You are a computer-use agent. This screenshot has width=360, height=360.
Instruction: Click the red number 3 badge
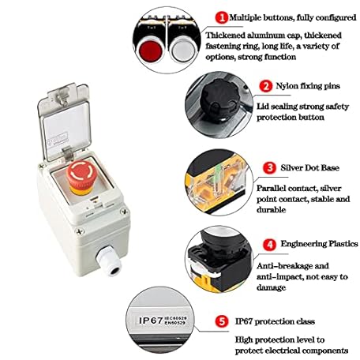pos(270,168)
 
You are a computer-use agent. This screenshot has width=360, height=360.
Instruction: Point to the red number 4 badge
pos(269,244)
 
